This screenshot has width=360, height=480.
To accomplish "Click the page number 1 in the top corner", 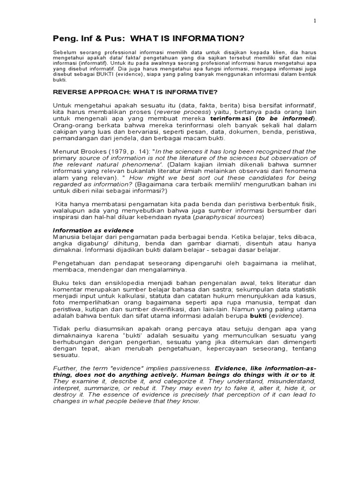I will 315,21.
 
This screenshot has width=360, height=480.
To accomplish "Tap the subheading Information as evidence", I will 93,230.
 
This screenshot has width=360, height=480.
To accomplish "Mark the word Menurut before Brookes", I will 66,151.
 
